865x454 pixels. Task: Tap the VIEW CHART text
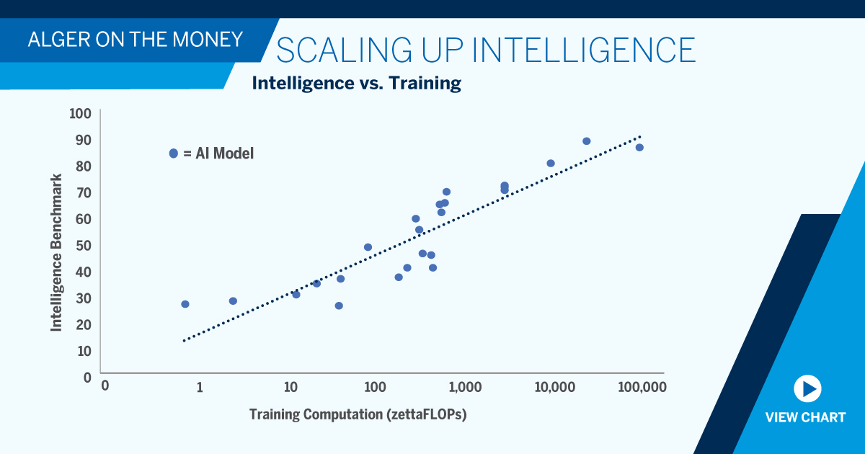pyautogui.click(x=805, y=417)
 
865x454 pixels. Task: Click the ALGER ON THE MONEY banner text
pyautogui.click(x=135, y=39)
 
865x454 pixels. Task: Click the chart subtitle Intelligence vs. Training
pyautogui.click(x=356, y=83)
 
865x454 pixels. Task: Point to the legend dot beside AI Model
pyautogui.click(x=173, y=153)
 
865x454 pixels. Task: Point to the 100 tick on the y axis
pyautogui.click(x=79, y=113)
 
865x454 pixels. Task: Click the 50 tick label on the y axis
pyautogui.click(x=83, y=245)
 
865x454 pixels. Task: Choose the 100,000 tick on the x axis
pyautogui.click(x=642, y=387)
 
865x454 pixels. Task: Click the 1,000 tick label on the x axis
pyautogui.click(x=464, y=387)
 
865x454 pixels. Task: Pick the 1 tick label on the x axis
pyautogui.click(x=200, y=387)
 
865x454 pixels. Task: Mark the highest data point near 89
pyautogui.click(x=586, y=141)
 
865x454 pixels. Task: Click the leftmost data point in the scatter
pyautogui.click(x=185, y=304)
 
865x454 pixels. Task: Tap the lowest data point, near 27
pyautogui.click(x=339, y=306)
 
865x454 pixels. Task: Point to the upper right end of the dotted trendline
pyautogui.click(x=639, y=135)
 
